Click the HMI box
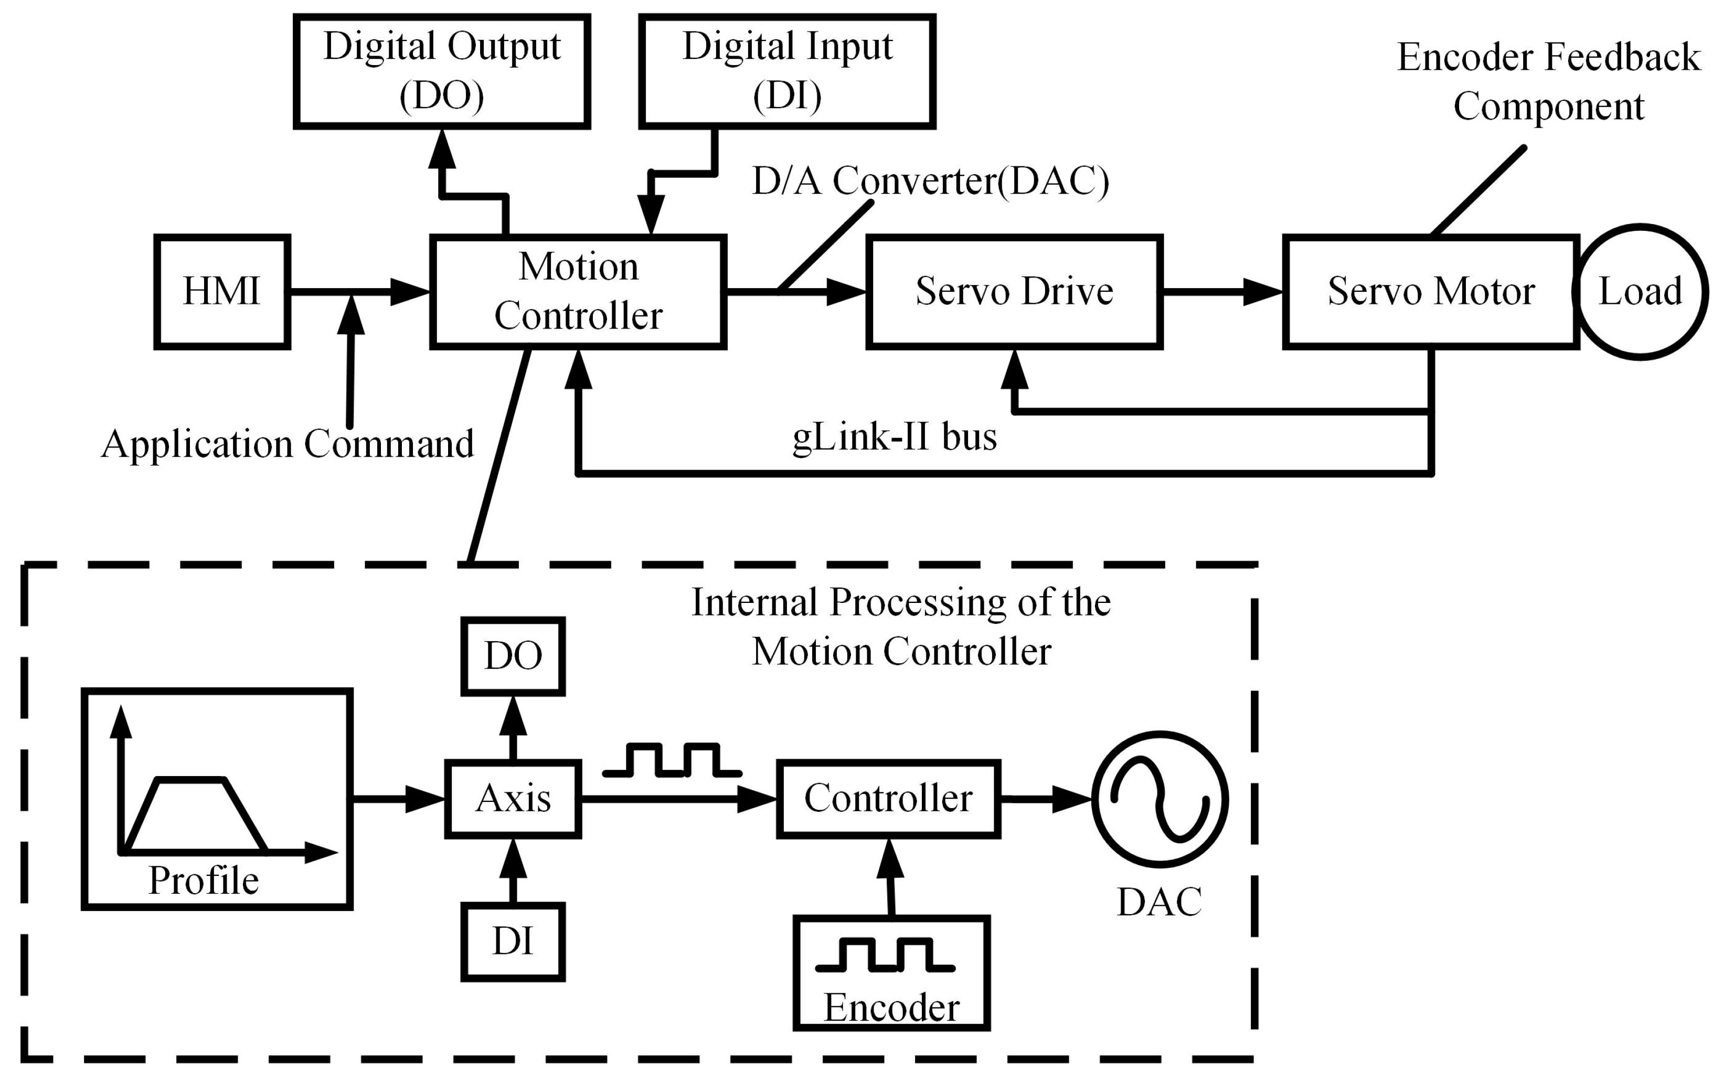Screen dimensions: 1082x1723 click(222, 291)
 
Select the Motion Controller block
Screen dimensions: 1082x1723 click(578, 291)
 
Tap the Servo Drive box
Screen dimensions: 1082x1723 click(1014, 291)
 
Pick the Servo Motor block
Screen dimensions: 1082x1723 click(1431, 291)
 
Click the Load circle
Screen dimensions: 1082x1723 click(1640, 291)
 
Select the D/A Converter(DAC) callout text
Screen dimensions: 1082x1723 click(930, 181)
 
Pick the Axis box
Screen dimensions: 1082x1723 click(513, 799)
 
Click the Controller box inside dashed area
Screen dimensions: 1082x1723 click(888, 799)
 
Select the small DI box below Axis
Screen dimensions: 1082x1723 click(513, 942)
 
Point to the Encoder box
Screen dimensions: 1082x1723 click(891, 973)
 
